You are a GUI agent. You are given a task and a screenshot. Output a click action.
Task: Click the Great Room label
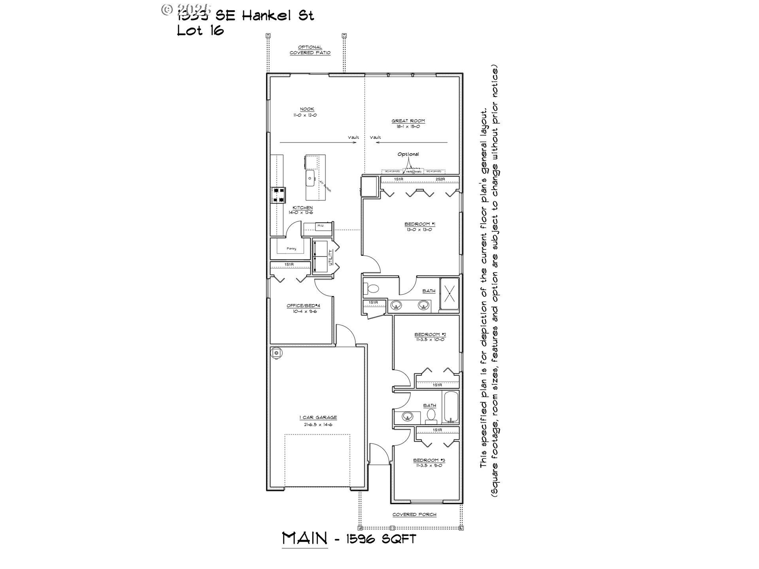pos(408,121)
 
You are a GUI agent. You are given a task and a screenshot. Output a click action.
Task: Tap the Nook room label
pos(307,109)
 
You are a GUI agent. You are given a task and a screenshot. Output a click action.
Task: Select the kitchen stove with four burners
pos(278,195)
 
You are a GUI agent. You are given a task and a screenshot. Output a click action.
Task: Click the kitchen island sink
pos(310,178)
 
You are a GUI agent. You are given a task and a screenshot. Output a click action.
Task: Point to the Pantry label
pos(291,249)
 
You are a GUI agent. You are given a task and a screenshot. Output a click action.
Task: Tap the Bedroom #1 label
pos(419,224)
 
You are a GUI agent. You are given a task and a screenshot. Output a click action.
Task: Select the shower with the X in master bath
pos(449,294)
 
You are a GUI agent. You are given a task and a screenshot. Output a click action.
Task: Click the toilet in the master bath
pos(371,288)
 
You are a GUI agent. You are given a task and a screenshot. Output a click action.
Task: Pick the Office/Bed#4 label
pos(303,306)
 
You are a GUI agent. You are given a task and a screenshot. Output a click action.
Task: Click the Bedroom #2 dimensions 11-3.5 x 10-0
pos(430,339)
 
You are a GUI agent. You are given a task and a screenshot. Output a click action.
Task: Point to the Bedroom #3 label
pos(429,460)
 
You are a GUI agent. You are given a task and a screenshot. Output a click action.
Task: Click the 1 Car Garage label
pos(318,417)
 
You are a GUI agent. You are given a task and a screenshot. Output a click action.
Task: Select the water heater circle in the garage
pos(276,352)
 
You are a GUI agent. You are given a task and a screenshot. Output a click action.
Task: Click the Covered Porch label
pos(414,514)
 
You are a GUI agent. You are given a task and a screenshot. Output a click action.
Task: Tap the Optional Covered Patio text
pos(310,50)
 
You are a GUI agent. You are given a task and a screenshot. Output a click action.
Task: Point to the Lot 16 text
pos(200,30)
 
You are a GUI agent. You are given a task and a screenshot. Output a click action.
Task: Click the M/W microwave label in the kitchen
pos(320,226)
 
